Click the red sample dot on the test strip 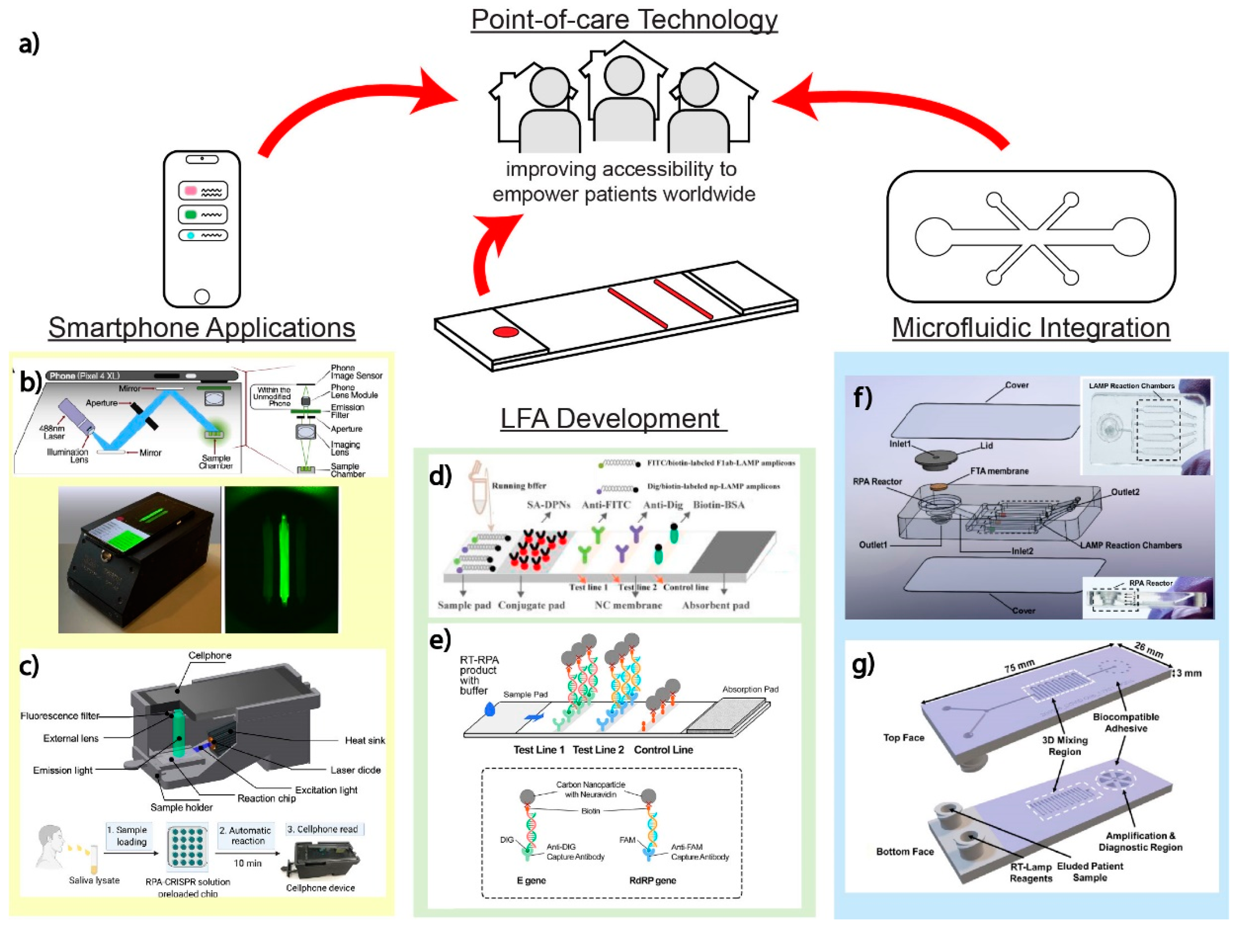[506, 332]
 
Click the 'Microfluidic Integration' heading [1031, 328]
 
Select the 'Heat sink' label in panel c [364, 741]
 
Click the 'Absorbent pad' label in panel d [716, 605]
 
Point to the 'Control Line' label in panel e [663, 750]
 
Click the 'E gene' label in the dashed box [531, 880]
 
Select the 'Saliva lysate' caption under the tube [94, 880]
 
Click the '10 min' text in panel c [247, 863]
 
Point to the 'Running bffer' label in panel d [519, 485]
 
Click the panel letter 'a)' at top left [29, 44]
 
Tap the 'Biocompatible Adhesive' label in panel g [1126, 722]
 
